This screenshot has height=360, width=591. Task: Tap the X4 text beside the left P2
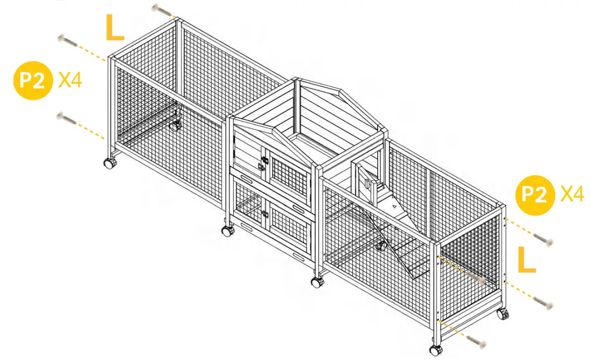[x=70, y=81]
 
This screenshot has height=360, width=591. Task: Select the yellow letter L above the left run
[x=115, y=28]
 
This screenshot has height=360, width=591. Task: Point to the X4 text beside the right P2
[x=572, y=195]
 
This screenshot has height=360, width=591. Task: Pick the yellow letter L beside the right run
[x=526, y=260]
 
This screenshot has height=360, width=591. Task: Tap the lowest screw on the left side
[x=67, y=119]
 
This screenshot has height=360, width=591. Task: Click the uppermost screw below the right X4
[x=543, y=240]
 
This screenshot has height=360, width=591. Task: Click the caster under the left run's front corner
[x=110, y=163]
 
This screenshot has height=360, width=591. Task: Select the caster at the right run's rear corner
[x=502, y=314]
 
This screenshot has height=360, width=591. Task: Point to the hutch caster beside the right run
[x=316, y=282]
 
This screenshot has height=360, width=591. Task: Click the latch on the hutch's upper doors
[x=264, y=163]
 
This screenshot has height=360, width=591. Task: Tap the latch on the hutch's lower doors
[x=265, y=214]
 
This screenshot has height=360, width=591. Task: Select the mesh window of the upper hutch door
[x=289, y=176]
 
